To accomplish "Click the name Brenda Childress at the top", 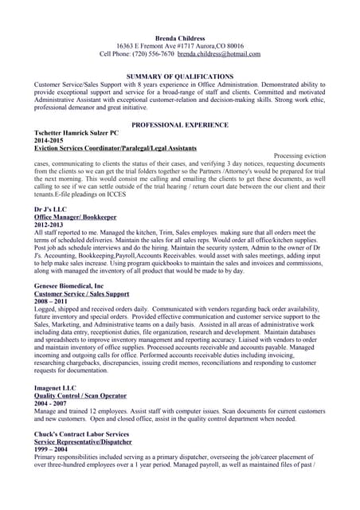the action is [x=180, y=37].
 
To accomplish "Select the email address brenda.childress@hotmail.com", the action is [x=219, y=53].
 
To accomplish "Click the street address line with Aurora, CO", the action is [x=180, y=45].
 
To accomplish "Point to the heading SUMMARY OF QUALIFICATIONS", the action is [x=180, y=76].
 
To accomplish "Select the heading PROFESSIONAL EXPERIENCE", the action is [x=180, y=125].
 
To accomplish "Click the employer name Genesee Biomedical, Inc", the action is [x=69, y=284].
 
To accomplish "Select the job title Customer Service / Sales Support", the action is [x=81, y=292].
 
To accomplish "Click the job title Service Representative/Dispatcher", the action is [x=83, y=441].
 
